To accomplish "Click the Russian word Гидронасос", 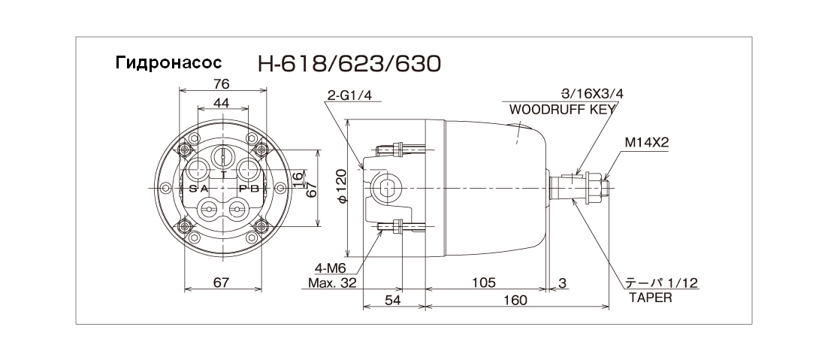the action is coord(168,63).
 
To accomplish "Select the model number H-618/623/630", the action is coord(349,64).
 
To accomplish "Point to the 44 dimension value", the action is coord(222,103).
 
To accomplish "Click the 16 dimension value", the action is coord(298,178).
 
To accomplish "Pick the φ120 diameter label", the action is coord(341,186).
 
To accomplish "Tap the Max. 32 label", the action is coord(332,283).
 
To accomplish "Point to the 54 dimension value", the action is coord(393,300).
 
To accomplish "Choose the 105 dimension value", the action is coord(483,283).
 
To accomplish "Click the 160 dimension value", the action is coord(515,300).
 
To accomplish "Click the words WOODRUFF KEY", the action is coord(562,109).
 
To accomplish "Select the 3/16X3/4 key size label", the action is coord(592,94).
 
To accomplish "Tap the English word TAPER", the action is coord(651,298).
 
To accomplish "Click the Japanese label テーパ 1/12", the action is coord(662,283).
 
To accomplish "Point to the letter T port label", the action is coord(223,173).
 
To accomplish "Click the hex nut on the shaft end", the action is coord(595,187).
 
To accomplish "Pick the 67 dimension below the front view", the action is coord(222,283).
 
